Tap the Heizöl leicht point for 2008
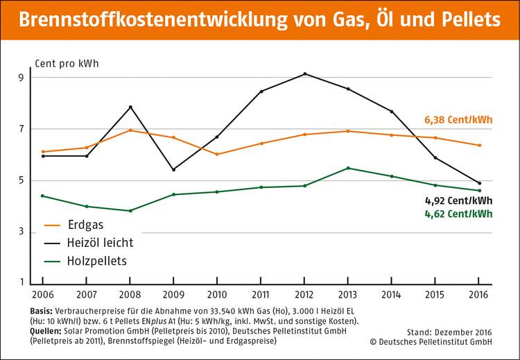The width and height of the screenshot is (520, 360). point(130,107)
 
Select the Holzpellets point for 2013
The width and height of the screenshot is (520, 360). point(348,168)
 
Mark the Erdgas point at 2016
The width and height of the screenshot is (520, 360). point(479,146)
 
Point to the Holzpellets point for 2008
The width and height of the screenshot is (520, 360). point(130,211)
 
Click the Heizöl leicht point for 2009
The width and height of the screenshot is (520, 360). point(173,169)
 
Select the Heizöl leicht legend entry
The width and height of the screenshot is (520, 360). point(89,243)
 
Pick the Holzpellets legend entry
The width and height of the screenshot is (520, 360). point(87,262)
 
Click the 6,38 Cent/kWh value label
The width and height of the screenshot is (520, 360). point(458,120)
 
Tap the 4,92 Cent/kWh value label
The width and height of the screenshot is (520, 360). point(458,201)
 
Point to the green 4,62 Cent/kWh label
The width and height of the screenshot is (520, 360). point(458,214)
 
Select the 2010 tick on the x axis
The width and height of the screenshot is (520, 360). point(217,294)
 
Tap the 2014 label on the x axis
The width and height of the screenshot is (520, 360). point(392,294)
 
